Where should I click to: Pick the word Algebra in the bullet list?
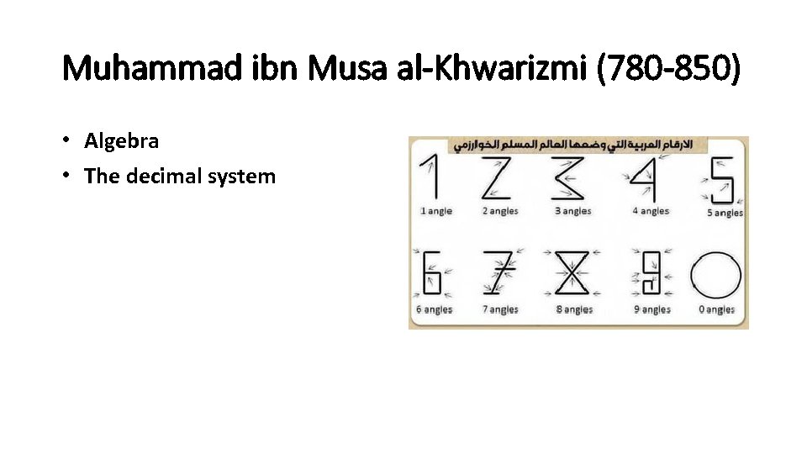point(121,141)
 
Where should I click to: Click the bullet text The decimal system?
point(180,177)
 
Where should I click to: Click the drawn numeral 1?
point(431,177)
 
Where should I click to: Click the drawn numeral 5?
point(721,179)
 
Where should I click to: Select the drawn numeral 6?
point(431,273)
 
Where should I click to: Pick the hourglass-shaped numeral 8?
point(572,273)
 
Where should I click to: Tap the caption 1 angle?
point(435,211)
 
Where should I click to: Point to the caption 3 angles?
point(572,211)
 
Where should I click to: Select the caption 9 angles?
point(651,310)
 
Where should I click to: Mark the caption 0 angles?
point(716,310)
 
